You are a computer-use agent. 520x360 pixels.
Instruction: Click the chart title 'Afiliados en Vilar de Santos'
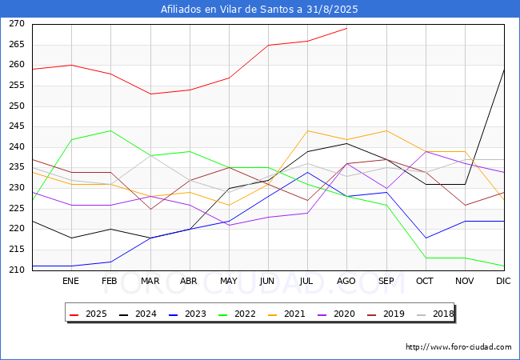coord(231,10)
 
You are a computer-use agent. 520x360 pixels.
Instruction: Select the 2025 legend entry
coord(88,314)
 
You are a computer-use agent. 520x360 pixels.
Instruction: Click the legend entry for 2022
coord(237,314)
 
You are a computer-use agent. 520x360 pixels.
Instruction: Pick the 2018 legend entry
coord(435,314)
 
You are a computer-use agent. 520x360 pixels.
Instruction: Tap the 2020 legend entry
coord(336,314)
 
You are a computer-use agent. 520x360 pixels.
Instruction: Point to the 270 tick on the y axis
coord(17,24)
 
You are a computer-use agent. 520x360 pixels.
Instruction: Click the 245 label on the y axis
coord(17,126)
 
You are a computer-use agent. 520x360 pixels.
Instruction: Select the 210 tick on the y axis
coord(17,270)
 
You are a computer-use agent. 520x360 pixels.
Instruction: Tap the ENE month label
coord(70,281)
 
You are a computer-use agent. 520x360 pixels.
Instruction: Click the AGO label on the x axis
coord(346,281)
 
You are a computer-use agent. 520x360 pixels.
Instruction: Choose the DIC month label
coord(503,281)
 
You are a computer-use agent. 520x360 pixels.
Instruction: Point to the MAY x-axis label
coord(229,281)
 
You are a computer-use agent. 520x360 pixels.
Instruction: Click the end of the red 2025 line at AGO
coord(347,28)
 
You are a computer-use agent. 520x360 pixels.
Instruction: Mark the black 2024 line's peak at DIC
coord(504,70)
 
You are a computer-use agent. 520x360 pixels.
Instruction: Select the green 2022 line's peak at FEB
coord(110,130)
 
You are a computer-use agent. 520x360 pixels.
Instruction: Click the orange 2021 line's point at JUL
coord(308,130)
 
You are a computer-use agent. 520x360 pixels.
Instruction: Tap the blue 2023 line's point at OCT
coord(426,238)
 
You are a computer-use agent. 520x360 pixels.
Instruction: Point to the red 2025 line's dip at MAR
coord(150,94)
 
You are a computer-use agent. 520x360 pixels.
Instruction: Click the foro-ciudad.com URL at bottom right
coord(458,347)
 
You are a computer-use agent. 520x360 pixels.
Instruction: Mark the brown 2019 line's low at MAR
coord(150,209)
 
